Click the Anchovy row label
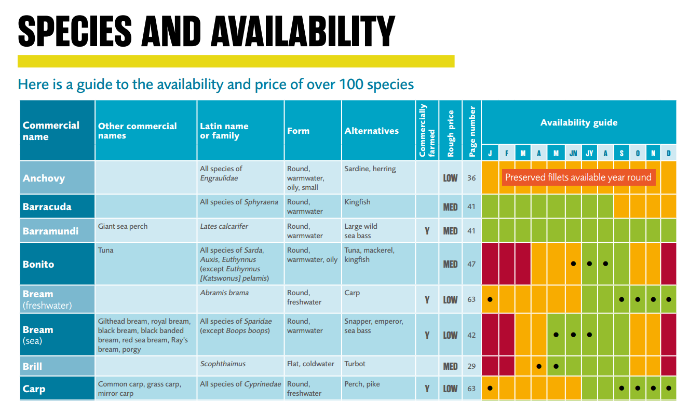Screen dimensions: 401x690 (x=44, y=178)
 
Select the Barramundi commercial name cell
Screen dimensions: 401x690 (x=50, y=231)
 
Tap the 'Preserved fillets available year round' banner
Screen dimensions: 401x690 (x=578, y=177)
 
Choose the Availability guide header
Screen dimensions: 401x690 (x=578, y=122)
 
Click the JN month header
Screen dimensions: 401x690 (x=573, y=154)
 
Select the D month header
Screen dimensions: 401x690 (x=669, y=154)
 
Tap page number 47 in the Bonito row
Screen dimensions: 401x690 (x=471, y=264)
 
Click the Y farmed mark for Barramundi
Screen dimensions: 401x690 (x=427, y=231)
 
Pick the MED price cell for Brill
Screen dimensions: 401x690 (x=450, y=366)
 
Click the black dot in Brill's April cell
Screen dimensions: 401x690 (x=539, y=366)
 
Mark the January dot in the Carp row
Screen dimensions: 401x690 (x=490, y=388)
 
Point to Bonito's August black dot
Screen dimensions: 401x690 (x=605, y=264)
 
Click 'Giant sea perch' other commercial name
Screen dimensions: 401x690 (x=123, y=226)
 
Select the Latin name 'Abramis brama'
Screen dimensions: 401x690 (x=224, y=293)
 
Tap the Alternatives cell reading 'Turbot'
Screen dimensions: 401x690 (x=355, y=364)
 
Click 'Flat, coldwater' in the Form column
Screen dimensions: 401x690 (x=310, y=364)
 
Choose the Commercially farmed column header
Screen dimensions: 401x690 (x=427, y=131)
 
